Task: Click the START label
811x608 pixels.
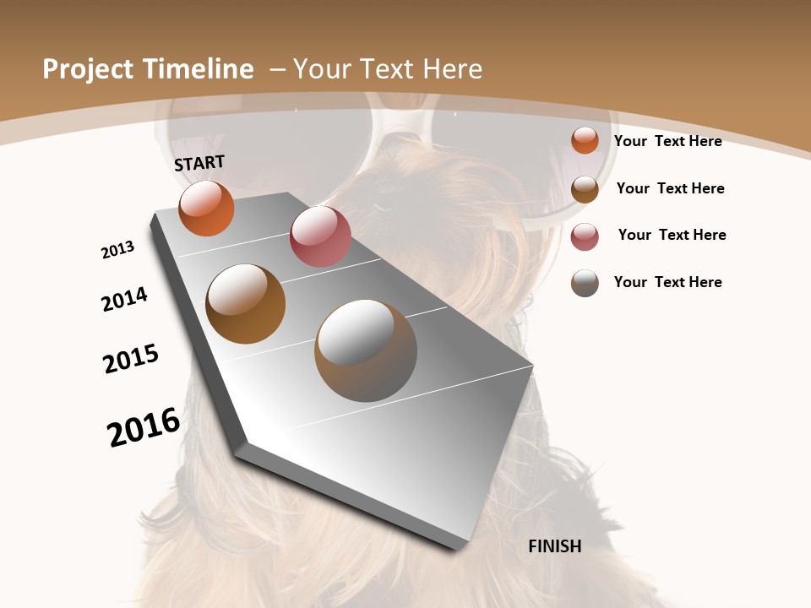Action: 199,163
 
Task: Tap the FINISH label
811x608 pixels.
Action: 555,546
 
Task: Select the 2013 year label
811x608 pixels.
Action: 118,250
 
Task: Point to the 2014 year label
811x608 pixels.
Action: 125,299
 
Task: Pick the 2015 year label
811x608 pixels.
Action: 131,358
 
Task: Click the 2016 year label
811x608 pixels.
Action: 144,426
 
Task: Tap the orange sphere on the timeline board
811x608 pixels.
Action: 206,208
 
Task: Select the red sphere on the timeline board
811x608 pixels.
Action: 320,236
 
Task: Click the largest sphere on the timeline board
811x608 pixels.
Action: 366,350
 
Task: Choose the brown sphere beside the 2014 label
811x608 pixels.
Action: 245,304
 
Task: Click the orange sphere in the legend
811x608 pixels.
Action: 585,140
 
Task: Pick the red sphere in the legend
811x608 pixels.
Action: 585,236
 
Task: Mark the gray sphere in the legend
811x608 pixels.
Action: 585,283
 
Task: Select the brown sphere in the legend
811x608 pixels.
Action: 585,189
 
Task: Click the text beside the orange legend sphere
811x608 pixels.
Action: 667,141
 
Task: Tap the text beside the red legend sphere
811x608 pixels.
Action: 672,235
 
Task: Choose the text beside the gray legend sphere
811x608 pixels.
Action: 667,282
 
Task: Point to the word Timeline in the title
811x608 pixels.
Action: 199,69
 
